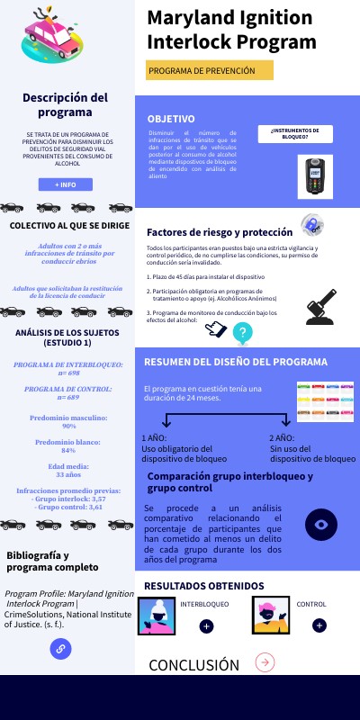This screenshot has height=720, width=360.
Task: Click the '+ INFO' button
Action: point(66,184)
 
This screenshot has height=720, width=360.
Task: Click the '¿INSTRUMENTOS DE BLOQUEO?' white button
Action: point(295,133)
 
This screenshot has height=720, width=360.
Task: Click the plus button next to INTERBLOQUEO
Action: point(206,625)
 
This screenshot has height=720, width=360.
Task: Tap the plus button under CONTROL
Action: point(319,625)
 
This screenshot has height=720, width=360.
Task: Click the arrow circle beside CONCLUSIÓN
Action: point(265,662)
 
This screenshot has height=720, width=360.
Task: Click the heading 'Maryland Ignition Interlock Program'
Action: point(231,31)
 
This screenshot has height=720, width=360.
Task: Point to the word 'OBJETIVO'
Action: point(171,119)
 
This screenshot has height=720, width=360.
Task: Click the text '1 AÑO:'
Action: point(155,438)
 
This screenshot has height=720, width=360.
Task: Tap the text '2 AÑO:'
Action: point(282,438)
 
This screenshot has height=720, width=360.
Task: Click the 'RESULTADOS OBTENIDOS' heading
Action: point(204,586)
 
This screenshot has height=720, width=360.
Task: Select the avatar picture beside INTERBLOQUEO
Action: point(157,616)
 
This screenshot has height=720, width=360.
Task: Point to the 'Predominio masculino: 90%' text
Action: point(68,422)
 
